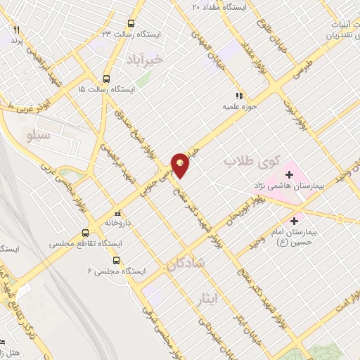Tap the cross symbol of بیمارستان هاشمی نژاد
coord(289,174)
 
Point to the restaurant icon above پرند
coord(15,30)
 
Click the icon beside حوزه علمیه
coord(238,96)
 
